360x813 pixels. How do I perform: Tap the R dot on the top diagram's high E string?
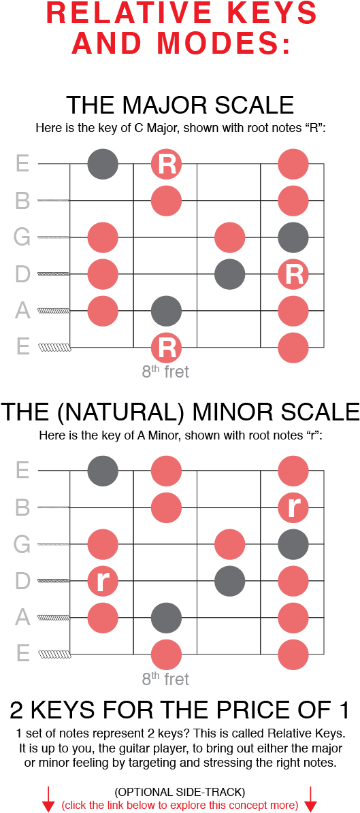[167, 164]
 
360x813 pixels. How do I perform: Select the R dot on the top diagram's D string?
[293, 274]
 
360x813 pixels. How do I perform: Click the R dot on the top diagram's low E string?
[167, 347]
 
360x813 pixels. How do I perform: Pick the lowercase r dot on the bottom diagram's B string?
[293, 508]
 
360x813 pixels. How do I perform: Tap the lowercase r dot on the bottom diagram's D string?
[103, 581]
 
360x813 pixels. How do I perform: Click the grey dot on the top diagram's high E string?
[103, 164]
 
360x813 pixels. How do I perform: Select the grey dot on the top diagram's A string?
[167, 311]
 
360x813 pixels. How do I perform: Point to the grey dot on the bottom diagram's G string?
[293, 544]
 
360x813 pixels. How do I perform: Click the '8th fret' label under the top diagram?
[165, 372]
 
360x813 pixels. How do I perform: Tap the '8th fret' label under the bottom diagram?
[165, 679]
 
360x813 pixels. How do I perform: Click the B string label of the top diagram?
[22, 201]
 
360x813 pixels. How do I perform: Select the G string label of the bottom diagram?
[22, 544]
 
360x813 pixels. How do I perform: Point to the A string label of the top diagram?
[22, 311]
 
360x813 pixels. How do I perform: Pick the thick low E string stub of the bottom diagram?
[54, 654]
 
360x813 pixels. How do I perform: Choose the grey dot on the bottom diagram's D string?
[230, 581]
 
